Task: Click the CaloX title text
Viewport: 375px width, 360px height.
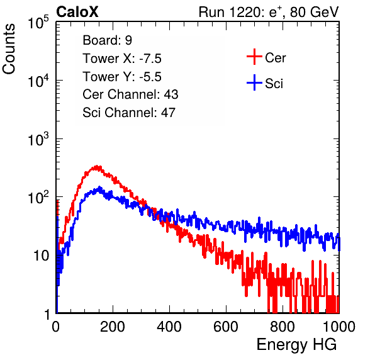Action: (77, 12)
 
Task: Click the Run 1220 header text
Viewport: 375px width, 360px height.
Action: (269, 12)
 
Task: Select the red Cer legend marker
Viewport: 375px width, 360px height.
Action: (254, 57)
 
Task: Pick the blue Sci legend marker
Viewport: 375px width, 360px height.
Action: (254, 82)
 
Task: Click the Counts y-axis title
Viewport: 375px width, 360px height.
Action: (9, 49)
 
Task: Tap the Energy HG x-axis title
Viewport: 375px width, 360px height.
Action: (296, 345)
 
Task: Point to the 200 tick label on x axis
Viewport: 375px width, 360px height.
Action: (113, 327)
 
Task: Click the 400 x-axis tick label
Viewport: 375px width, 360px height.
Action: (169, 327)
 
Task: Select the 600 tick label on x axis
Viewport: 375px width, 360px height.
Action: (226, 327)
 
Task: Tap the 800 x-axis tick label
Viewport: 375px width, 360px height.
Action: (283, 327)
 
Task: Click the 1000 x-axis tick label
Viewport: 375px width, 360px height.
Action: (339, 327)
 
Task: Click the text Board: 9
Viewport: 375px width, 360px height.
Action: (107, 40)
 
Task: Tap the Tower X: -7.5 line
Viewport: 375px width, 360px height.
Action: (122, 59)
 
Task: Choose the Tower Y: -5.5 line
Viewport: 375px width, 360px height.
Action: (122, 77)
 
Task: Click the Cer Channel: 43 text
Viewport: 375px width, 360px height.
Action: (130, 94)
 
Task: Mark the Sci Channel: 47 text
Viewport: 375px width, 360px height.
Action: (129, 113)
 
